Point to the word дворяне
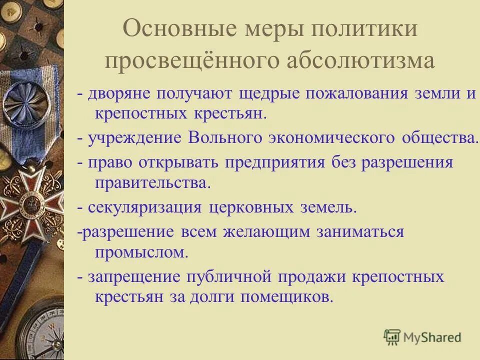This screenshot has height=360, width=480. click(x=119, y=94)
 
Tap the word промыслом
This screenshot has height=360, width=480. click(x=141, y=252)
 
